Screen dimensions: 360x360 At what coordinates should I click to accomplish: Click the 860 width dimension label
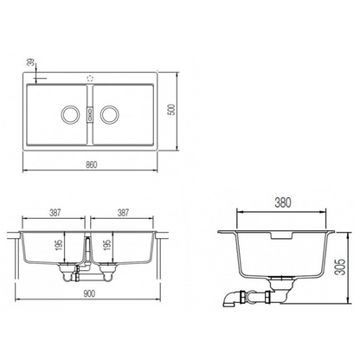tap(92, 164)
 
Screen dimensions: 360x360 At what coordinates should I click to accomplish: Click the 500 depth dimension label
tap(171, 110)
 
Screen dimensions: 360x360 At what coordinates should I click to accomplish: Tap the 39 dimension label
tap(30, 62)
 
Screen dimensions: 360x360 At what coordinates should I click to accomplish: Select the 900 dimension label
tap(89, 294)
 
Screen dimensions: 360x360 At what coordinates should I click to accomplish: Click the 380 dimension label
tap(283, 202)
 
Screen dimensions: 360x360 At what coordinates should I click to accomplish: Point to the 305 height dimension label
tap(341, 267)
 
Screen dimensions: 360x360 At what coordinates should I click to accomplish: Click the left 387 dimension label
tap(55, 213)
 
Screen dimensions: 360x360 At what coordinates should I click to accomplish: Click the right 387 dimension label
tap(123, 213)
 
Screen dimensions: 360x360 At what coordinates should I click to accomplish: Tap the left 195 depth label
tap(60, 245)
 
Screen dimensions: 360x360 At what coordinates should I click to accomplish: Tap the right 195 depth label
tap(107, 245)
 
